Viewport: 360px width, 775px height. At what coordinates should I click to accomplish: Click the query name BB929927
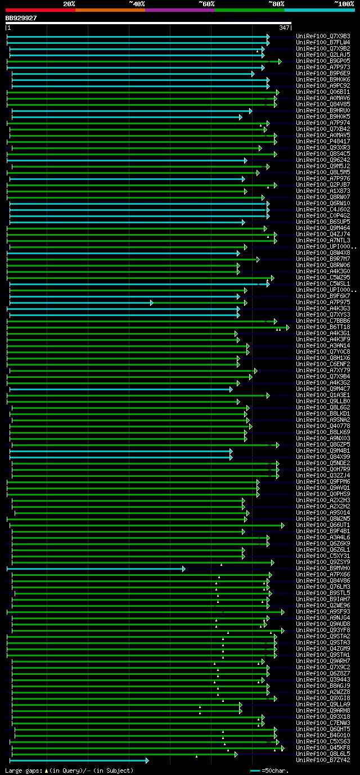[21, 18]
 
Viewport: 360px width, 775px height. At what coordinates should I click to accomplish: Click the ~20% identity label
[69, 3]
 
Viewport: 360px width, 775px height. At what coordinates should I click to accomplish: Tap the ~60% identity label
[207, 3]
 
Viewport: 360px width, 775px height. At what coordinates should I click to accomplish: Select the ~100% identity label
[344, 3]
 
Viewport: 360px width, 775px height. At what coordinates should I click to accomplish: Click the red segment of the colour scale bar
[40, 10]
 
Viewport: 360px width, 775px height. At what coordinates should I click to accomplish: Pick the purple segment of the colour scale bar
[179, 10]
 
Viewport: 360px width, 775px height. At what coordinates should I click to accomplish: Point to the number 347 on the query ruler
[284, 28]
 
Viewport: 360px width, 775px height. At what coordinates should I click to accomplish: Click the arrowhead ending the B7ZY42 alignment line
[147, 760]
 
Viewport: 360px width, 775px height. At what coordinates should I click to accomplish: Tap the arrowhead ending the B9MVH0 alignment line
[183, 569]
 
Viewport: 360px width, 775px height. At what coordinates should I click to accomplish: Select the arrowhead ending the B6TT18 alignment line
[287, 327]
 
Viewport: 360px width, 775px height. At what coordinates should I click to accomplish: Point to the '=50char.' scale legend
[275, 770]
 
